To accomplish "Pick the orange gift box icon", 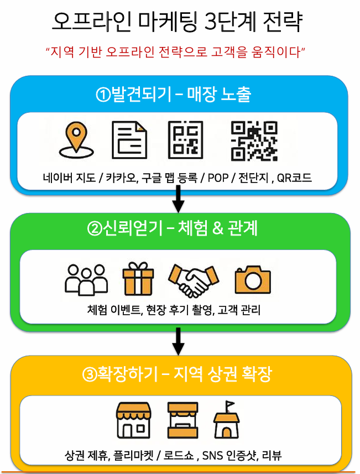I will coord(138,279).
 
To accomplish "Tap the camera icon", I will coord(253,279).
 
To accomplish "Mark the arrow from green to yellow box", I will coord(178,342).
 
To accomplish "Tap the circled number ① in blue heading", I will coord(103,95).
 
